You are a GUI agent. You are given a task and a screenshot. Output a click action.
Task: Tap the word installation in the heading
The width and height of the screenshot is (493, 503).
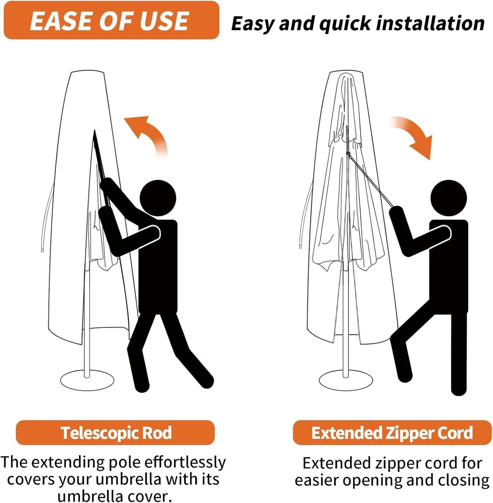pos(430,24)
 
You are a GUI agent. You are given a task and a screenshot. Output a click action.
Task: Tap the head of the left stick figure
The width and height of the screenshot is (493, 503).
pos(158,198)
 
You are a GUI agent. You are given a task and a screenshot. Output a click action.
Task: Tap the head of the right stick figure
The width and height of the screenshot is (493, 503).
pos(448,198)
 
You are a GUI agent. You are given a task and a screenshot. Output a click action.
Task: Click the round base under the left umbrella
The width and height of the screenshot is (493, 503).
pos(87,381)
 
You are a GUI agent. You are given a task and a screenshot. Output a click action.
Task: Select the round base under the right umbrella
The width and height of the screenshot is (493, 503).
pos(346,381)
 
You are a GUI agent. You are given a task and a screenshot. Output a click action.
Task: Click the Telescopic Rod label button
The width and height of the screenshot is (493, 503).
pos(116,433)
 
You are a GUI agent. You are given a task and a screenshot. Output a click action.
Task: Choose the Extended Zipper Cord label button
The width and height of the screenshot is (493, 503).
pos(392,433)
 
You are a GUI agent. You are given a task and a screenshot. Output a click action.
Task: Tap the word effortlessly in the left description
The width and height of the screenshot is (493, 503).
pos(185,463)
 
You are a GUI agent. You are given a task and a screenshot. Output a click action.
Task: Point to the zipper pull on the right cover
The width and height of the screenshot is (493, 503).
pos(348,154)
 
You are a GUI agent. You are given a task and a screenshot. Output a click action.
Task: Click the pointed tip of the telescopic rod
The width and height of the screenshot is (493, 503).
pos(94,131)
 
